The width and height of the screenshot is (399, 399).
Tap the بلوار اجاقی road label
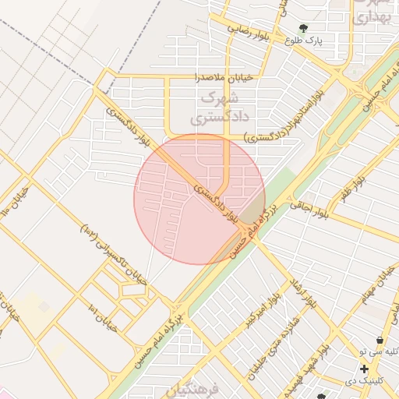click(310, 207)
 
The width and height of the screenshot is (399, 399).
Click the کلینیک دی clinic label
click(363, 382)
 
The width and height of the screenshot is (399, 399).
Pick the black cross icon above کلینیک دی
click(364, 368)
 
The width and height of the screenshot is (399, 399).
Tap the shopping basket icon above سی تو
click(380, 341)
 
